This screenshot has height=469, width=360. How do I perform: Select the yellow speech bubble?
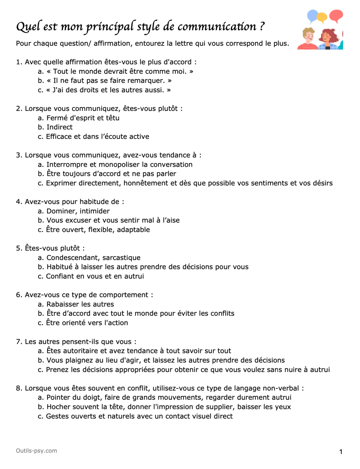[322, 17]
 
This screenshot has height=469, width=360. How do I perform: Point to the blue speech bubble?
[313, 16]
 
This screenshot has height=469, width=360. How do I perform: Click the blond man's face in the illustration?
[309, 36]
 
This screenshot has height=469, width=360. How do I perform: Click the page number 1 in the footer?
[341, 452]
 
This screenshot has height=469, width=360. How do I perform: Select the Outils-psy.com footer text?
[36, 451]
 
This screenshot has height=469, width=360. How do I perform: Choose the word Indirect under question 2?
[59, 127]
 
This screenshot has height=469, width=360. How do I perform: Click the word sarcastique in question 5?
[121, 258]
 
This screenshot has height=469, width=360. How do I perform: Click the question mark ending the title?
[262, 27]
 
